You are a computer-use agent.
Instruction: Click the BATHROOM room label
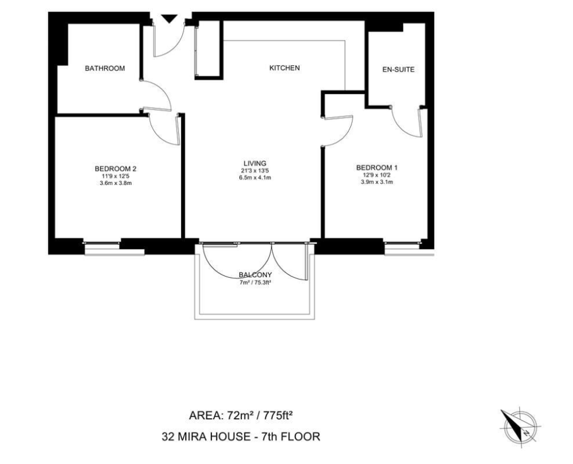(105, 68)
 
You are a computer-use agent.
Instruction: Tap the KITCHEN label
(284, 68)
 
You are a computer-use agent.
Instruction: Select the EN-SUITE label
(398, 69)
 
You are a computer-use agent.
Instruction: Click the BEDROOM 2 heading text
(116, 169)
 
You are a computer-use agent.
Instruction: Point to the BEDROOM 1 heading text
(377, 168)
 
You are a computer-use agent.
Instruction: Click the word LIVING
(255, 163)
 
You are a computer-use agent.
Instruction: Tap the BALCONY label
(255, 275)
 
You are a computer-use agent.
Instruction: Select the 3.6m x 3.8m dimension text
(116, 183)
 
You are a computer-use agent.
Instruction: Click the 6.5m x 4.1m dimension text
(255, 178)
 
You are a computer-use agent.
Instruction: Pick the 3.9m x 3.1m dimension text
(377, 182)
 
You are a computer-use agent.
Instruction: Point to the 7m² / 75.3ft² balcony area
(255, 282)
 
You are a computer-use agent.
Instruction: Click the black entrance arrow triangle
(169, 19)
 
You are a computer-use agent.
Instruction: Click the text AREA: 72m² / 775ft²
(242, 415)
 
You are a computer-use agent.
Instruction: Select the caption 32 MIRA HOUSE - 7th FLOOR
(241, 437)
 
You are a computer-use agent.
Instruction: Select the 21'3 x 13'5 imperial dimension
(255, 171)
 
